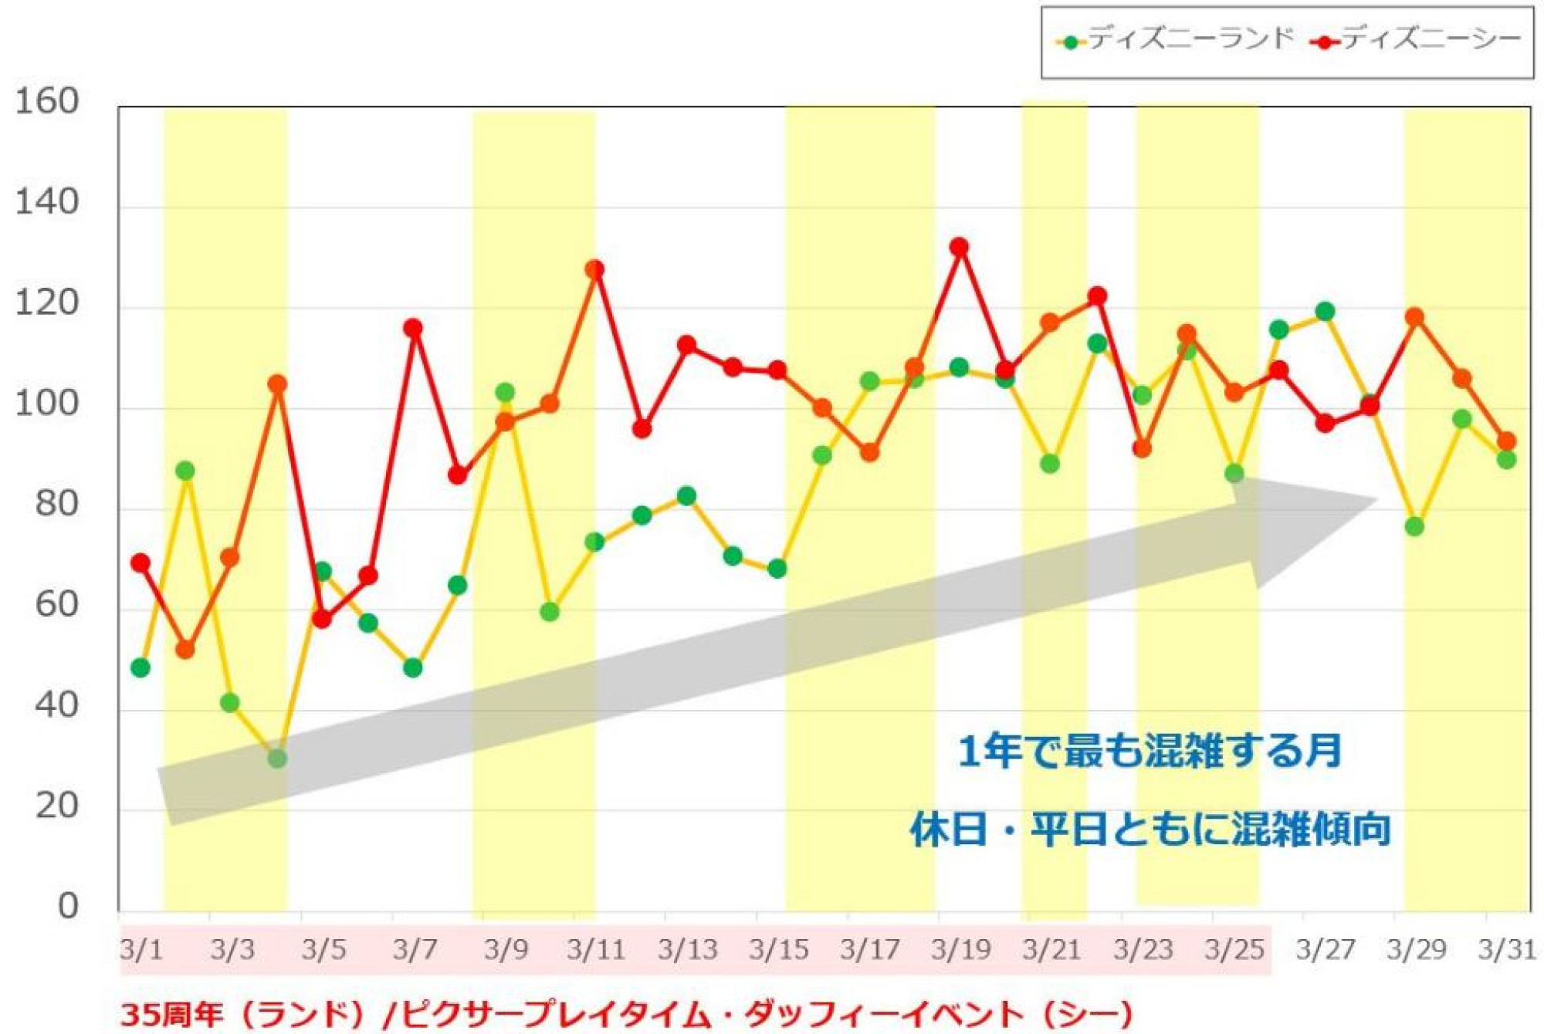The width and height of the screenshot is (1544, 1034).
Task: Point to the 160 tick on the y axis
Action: (47, 102)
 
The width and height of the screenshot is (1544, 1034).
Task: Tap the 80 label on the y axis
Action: (56, 504)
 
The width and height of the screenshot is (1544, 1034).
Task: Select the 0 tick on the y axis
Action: (68, 906)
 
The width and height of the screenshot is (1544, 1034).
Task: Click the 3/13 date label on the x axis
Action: (687, 949)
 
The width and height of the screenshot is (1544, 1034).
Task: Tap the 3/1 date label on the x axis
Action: (141, 949)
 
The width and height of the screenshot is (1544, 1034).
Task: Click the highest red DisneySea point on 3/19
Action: (959, 247)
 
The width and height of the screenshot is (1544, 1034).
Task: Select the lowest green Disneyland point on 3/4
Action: (277, 759)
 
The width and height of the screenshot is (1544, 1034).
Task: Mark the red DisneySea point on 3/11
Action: (594, 269)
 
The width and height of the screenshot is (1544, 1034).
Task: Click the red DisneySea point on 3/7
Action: (413, 328)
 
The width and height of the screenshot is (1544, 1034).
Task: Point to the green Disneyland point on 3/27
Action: (1325, 312)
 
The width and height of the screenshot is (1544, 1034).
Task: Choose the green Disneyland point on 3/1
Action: (141, 667)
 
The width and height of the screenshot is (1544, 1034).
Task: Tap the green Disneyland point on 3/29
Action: (1414, 526)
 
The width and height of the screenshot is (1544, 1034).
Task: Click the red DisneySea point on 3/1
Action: (141, 563)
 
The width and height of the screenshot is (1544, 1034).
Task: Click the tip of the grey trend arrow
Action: (1378, 500)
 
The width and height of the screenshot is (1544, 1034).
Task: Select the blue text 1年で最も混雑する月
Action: (1150, 751)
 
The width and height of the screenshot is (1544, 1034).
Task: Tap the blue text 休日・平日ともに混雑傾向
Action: (1150, 830)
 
